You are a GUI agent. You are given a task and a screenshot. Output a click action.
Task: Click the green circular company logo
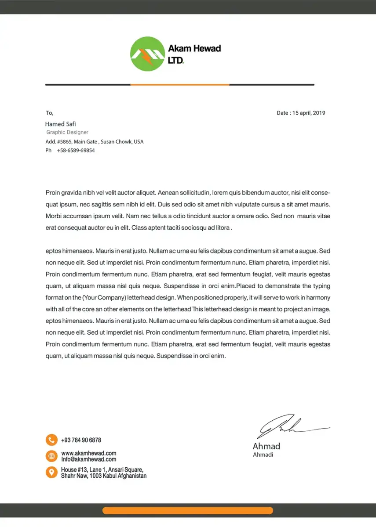tap(147, 54)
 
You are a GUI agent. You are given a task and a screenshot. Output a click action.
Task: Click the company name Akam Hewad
tap(194, 48)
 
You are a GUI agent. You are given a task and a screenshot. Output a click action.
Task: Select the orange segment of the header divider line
tap(179, 84)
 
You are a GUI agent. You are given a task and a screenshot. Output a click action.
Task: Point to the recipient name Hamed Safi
tap(61, 124)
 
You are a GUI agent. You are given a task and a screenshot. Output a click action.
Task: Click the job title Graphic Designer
tap(67, 132)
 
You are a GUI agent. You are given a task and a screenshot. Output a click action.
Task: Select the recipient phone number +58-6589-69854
tap(76, 150)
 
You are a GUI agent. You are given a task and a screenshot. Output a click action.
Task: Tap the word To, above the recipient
tap(49, 113)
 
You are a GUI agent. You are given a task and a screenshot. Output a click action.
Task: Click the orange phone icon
tap(51, 440)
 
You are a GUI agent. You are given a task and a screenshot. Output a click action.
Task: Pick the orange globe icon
tap(51, 456)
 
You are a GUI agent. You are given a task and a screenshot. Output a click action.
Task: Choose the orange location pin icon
tap(51, 472)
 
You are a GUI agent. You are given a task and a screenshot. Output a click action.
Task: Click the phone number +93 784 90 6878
tap(81, 440)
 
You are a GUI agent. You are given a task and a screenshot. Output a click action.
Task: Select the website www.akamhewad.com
tap(89, 453)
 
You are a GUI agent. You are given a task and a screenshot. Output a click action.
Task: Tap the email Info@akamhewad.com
tap(89, 459)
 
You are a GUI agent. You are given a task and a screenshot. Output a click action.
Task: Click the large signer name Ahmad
tap(266, 446)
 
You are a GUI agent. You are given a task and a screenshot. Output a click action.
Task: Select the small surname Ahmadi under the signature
tap(263, 455)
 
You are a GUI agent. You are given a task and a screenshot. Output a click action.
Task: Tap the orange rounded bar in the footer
tap(188, 510)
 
